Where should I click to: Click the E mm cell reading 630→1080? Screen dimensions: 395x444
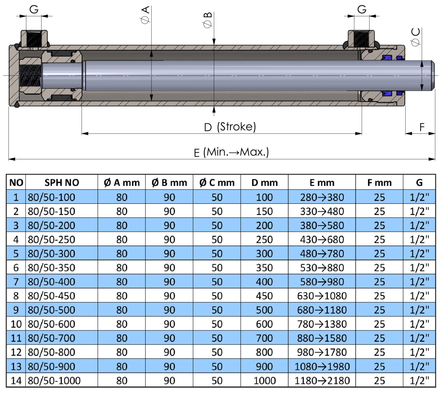[322, 296]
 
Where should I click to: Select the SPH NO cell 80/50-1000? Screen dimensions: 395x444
[54, 380]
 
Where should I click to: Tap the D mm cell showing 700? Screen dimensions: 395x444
[264, 338]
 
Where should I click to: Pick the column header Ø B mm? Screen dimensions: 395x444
[169, 183]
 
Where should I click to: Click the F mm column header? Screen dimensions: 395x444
[379, 183]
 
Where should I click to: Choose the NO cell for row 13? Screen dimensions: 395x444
[16, 366]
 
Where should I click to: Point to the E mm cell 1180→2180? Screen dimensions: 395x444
[322, 380]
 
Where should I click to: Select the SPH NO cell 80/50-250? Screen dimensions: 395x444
[51, 239]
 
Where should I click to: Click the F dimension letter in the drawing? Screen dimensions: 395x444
[422, 127]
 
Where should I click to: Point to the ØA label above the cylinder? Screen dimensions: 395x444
[146, 15]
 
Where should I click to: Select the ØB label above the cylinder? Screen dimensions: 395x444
[208, 20]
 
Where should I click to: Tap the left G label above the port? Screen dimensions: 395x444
[34, 10]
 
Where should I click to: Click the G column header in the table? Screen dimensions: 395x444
[419, 183]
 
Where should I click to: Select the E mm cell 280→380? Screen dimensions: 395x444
[322, 197]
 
